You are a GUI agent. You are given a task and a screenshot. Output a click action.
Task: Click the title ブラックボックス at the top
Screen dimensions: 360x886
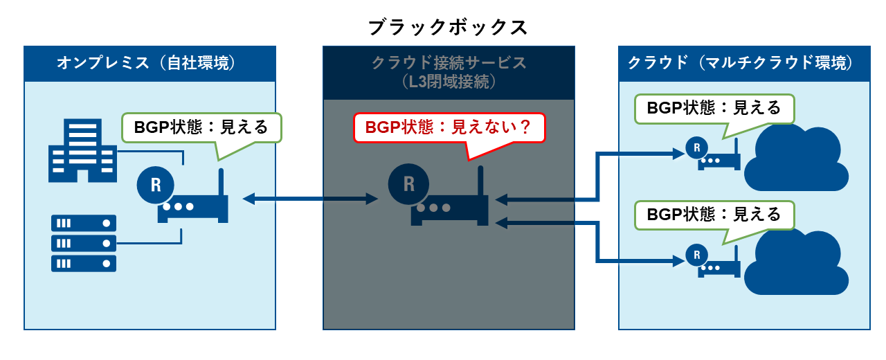point(448,28)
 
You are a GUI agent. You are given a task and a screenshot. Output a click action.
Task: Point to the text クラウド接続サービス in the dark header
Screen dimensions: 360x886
point(449,63)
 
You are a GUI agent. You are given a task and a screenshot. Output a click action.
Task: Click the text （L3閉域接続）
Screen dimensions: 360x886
point(449,82)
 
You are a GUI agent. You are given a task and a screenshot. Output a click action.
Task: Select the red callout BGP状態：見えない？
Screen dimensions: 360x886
point(449,127)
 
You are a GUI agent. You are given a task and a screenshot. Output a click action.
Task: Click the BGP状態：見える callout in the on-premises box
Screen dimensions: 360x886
point(201,127)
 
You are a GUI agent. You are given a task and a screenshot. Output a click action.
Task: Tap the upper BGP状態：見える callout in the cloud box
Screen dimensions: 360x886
point(714,108)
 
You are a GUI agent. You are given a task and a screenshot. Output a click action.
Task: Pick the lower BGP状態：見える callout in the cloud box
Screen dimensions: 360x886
point(714,215)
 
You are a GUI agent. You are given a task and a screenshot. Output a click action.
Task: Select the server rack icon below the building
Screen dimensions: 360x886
point(84,243)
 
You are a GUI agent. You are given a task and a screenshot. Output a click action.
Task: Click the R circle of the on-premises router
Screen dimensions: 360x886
point(156,185)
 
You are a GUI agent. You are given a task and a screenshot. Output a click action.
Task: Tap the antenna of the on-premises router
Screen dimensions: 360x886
point(221,184)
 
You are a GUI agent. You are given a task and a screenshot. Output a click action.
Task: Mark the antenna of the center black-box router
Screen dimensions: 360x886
point(480,181)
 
